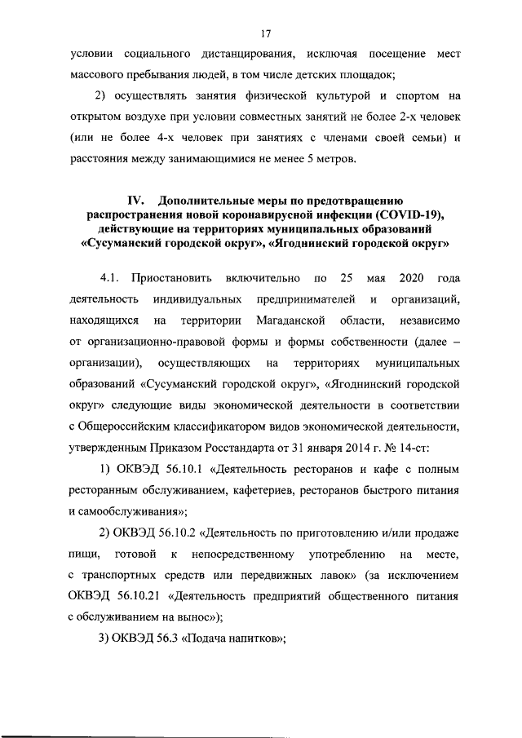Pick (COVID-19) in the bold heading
click(409, 214)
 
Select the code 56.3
click(162, 639)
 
